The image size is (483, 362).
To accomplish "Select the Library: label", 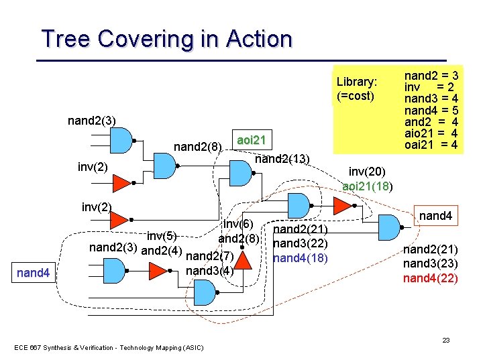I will point(356,82).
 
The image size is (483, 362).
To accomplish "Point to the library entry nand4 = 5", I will point(431,109).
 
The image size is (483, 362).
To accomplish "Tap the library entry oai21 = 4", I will point(431,145).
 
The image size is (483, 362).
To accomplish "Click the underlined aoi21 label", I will point(252,139).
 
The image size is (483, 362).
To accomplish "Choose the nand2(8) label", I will point(197,147).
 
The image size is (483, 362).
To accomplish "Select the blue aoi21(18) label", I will point(368,186).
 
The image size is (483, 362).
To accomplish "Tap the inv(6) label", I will point(237,224).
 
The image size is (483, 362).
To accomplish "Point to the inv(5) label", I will point(162,235).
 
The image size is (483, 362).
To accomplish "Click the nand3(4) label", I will point(209,271).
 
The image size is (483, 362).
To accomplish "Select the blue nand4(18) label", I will point(301,257).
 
